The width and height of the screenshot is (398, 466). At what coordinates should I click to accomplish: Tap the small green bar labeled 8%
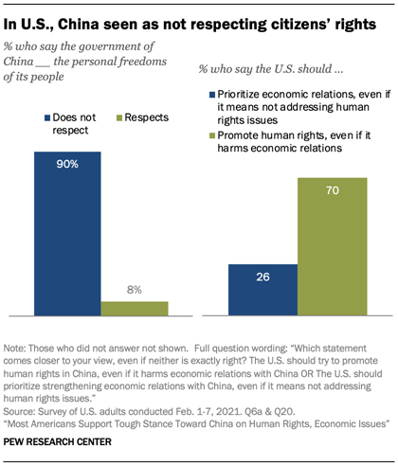click(134, 308)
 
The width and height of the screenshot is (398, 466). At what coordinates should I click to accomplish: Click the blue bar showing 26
click(262, 289)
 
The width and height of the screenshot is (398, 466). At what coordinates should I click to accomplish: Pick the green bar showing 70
click(332, 246)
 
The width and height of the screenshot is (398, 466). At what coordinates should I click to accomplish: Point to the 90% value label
click(66, 162)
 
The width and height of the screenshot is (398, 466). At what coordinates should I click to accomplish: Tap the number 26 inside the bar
click(262, 278)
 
